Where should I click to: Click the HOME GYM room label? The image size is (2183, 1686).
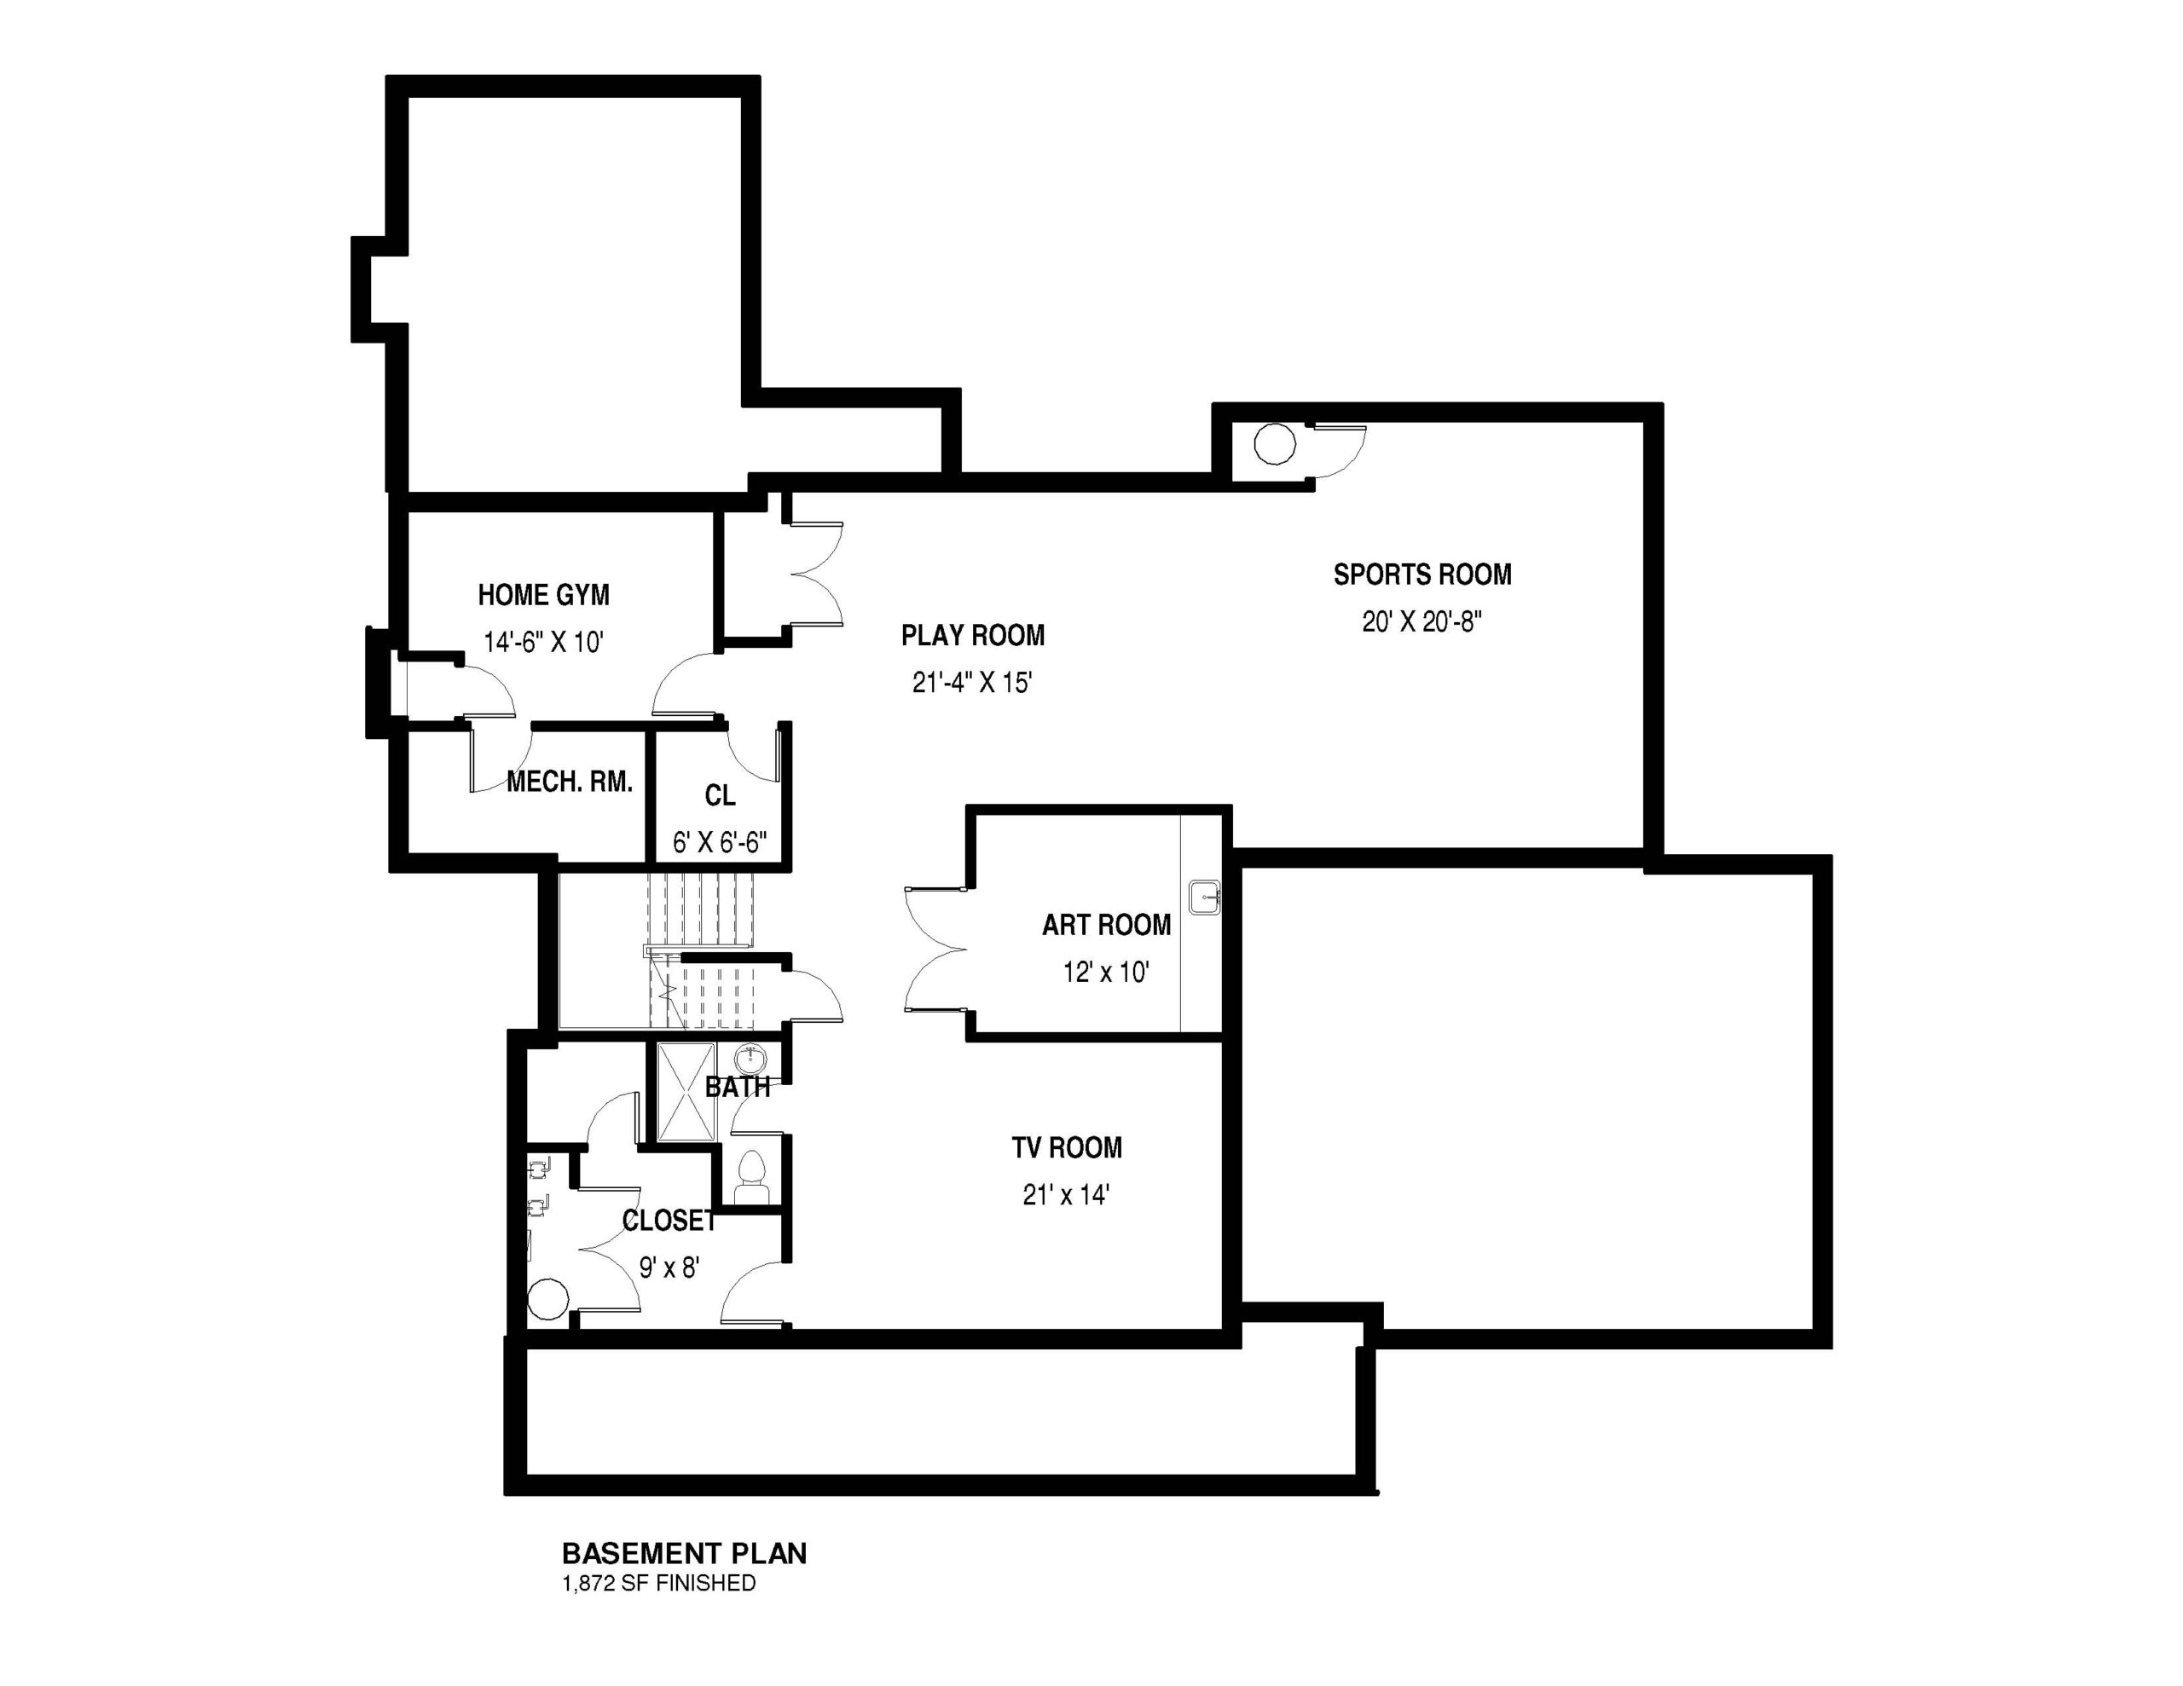tap(544, 595)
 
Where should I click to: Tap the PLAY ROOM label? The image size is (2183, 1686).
tap(973, 635)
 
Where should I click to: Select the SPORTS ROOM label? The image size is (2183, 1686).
tap(1422, 574)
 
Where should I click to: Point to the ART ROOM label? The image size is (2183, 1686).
tap(1107, 925)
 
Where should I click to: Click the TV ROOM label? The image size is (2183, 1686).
tap(1067, 1147)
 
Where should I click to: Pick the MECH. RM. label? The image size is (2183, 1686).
tap(570, 782)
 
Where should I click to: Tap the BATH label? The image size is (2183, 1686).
tap(738, 1088)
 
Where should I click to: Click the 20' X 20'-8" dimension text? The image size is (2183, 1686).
tap(1422, 621)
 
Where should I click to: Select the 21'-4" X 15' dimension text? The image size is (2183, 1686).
tap(971, 683)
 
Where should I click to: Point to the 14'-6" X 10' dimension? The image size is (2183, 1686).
tap(544, 642)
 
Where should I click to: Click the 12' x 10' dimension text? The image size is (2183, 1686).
tap(1105, 972)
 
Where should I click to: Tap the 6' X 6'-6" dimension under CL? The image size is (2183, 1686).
tap(720, 842)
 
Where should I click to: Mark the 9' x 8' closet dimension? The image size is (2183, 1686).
tap(669, 1267)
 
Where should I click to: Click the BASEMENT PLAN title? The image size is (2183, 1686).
tap(685, 1553)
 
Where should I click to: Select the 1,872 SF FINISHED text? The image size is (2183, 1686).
tap(658, 1583)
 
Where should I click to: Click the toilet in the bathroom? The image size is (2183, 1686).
tap(750, 1176)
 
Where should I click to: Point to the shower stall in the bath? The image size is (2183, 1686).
tap(686, 1090)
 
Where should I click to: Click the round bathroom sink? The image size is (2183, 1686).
tap(749, 1059)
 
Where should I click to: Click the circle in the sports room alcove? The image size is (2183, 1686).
tap(1275, 444)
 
